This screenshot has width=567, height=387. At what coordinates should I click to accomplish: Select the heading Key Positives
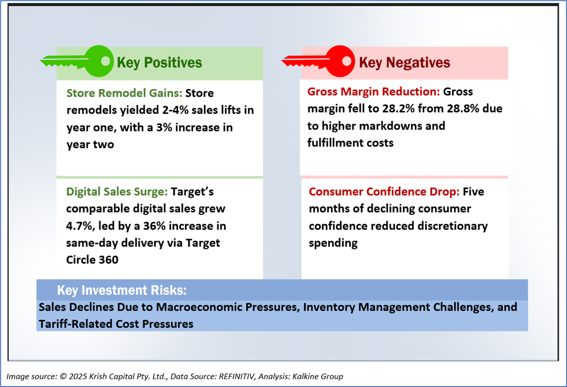[159, 62]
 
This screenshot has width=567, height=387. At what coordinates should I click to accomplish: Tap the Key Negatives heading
[404, 62]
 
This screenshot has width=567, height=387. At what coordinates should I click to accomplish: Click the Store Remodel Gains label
[124, 93]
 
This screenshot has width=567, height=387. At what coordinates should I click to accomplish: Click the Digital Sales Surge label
[117, 192]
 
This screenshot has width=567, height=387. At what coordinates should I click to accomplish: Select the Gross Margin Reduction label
[373, 92]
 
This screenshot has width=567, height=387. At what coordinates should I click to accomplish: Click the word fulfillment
[335, 143]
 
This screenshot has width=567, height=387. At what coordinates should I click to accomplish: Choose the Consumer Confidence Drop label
[384, 192]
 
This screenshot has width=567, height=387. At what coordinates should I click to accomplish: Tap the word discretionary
[452, 226]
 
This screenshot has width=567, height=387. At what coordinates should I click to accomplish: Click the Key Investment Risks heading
[122, 290]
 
